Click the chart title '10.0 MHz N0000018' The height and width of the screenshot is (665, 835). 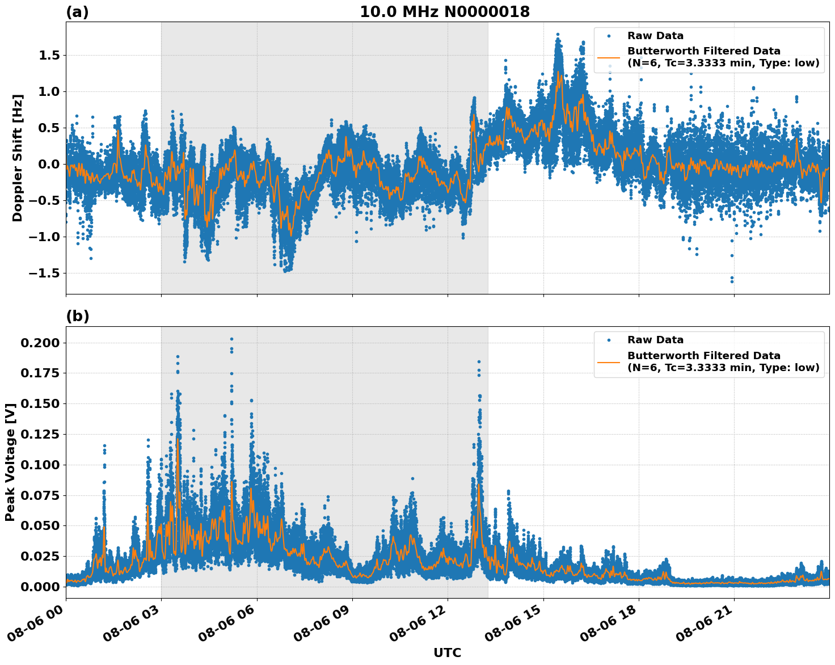click(444, 12)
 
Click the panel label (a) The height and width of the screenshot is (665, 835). click(77, 12)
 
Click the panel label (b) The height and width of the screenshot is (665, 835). click(77, 316)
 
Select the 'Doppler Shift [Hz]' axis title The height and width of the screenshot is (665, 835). click(18, 158)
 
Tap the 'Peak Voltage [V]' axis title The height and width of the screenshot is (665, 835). click(10, 462)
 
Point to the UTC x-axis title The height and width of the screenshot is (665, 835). click(447, 653)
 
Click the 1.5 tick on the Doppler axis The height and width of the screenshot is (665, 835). click(49, 56)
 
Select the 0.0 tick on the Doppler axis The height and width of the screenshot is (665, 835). click(49, 165)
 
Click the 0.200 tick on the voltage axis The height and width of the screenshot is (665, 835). click(40, 343)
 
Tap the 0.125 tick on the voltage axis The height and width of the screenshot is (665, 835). click(40, 434)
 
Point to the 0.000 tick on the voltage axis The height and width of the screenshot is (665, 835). click(40, 587)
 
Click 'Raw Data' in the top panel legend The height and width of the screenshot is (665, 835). click(655, 36)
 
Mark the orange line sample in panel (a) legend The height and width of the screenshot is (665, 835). click(609, 57)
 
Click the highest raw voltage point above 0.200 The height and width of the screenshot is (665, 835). click(231, 339)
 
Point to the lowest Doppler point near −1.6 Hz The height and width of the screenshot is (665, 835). click(732, 281)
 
